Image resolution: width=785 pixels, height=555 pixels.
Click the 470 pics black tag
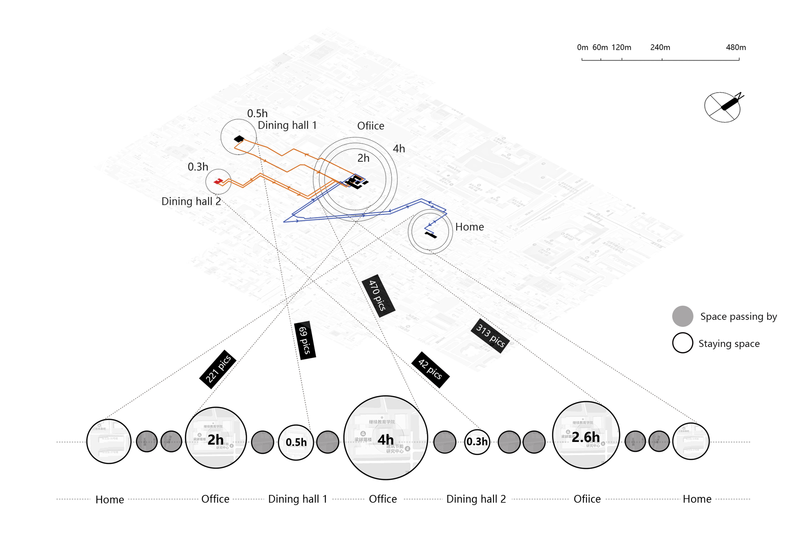378,296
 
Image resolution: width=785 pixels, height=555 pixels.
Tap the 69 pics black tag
305,340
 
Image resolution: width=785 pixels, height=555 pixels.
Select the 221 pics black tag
218,369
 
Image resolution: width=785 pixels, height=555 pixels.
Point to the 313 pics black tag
490,336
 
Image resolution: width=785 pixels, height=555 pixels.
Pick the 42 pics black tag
430,370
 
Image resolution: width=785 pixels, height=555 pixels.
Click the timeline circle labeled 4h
385,438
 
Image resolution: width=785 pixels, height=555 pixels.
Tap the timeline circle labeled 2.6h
586,435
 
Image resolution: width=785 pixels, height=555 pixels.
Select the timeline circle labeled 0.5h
296,442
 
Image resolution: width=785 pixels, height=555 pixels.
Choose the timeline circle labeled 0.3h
477,442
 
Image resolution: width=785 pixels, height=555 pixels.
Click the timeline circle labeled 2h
215,438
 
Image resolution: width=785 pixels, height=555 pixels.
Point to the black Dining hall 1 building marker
239,139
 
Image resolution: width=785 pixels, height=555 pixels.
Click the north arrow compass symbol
723,107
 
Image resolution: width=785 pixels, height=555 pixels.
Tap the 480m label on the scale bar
736,47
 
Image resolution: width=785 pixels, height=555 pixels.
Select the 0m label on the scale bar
582,47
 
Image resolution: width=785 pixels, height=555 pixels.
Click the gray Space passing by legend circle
683,316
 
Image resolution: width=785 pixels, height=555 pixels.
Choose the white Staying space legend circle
683,343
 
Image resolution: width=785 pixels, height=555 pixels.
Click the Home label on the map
469,227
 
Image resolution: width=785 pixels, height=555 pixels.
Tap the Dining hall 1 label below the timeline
298,499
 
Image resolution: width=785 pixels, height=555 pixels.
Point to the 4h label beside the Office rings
399,149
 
